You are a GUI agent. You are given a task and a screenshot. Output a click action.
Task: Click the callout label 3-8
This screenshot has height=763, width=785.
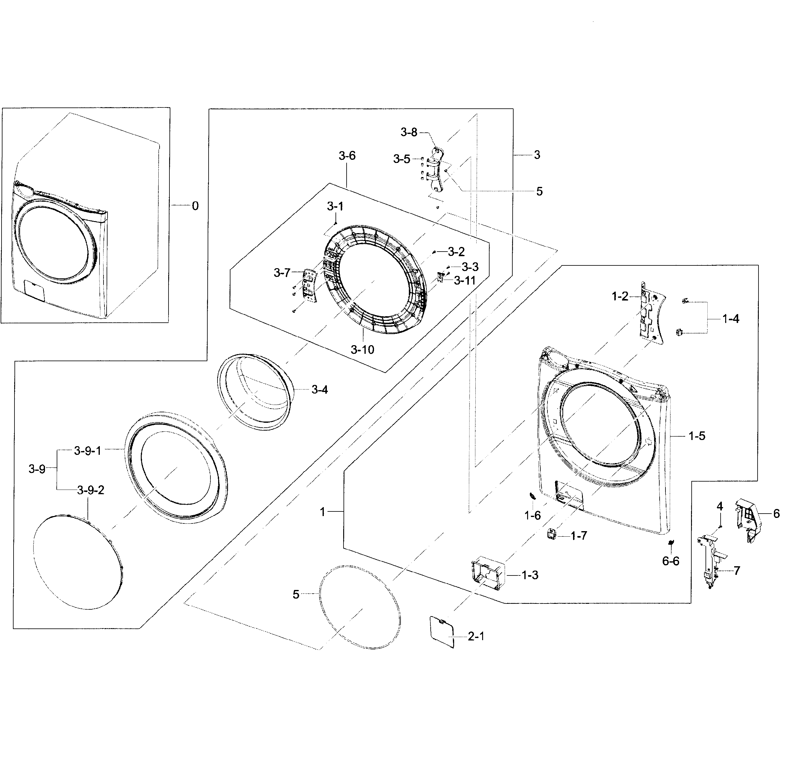(x=409, y=132)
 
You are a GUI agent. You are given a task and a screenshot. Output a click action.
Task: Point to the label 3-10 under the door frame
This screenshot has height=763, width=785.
(x=362, y=350)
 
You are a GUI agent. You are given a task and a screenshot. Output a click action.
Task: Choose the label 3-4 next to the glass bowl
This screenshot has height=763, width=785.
(x=319, y=390)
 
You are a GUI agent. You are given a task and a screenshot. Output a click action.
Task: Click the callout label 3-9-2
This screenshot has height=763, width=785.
(x=91, y=490)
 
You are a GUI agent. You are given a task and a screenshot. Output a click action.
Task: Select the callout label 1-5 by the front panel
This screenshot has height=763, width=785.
(x=697, y=436)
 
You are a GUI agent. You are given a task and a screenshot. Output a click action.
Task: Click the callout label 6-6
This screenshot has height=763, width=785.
(x=671, y=561)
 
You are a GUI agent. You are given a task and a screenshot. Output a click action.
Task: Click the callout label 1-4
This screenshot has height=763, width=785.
(x=731, y=319)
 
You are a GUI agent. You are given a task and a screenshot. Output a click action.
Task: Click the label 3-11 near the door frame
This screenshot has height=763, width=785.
(x=465, y=281)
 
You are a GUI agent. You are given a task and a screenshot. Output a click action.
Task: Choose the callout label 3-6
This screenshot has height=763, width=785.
(x=347, y=156)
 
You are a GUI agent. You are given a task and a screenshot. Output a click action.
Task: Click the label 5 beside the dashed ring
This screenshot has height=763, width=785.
(x=296, y=595)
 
